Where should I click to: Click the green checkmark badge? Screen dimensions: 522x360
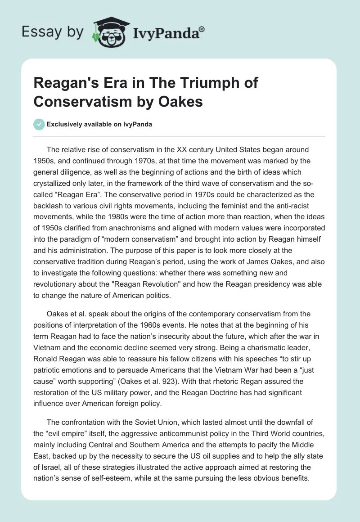coord(39,124)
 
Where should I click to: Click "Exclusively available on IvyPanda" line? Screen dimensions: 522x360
coord(99,125)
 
